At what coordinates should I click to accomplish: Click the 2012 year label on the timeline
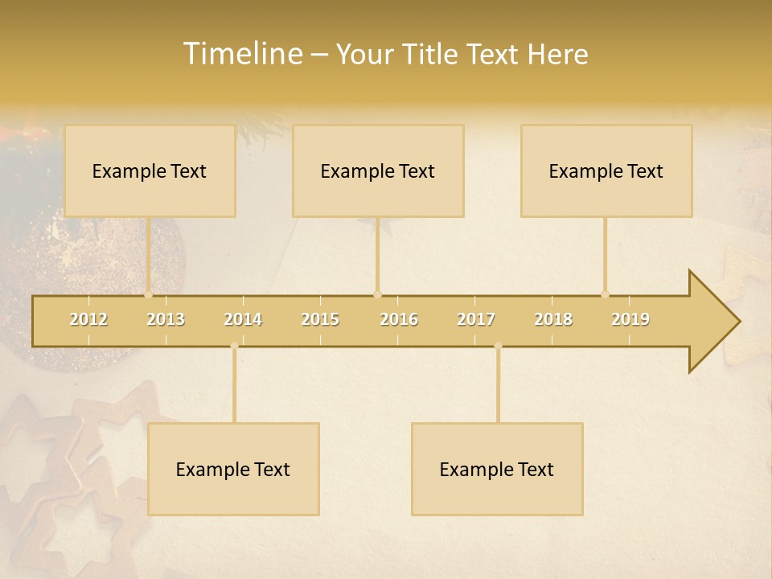[x=88, y=319]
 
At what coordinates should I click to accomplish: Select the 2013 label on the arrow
[x=166, y=319]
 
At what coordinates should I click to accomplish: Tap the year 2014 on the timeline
[x=243, y=319]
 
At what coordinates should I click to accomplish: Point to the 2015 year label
[x=320, y=319]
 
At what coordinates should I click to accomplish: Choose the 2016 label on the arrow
[x=399, y=319]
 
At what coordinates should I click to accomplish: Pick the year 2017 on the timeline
[x=476, y=319]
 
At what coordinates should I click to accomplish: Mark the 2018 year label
[x=553, y=319]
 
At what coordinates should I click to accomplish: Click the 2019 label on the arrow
[x=630, y=319]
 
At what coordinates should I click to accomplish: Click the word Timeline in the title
[x=241, y=54]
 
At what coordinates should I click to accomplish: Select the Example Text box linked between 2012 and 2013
[x=150, y=171]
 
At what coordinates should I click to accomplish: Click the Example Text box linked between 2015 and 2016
[x=378, y=171]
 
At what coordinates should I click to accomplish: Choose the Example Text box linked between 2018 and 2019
[x=606, y=171]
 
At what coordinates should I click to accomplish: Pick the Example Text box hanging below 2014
[x=233, y=470]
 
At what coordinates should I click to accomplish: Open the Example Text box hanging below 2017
[x=497, y=470]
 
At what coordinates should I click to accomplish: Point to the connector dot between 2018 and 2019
[x=605, y=294]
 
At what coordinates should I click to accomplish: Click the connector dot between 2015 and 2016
[x=377, y=294]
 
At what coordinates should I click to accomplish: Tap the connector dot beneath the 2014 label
[x=234, y=346]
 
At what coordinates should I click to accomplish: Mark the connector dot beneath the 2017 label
[x=498, y=346]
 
